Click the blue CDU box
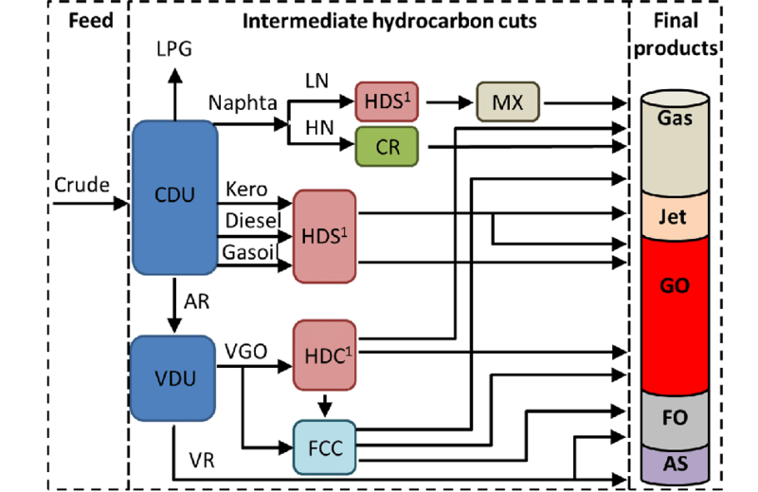[x=174, y=196]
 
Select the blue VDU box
[x=174, y=378]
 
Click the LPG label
[x=173, y=48]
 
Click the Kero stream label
[x=244, y=191]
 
